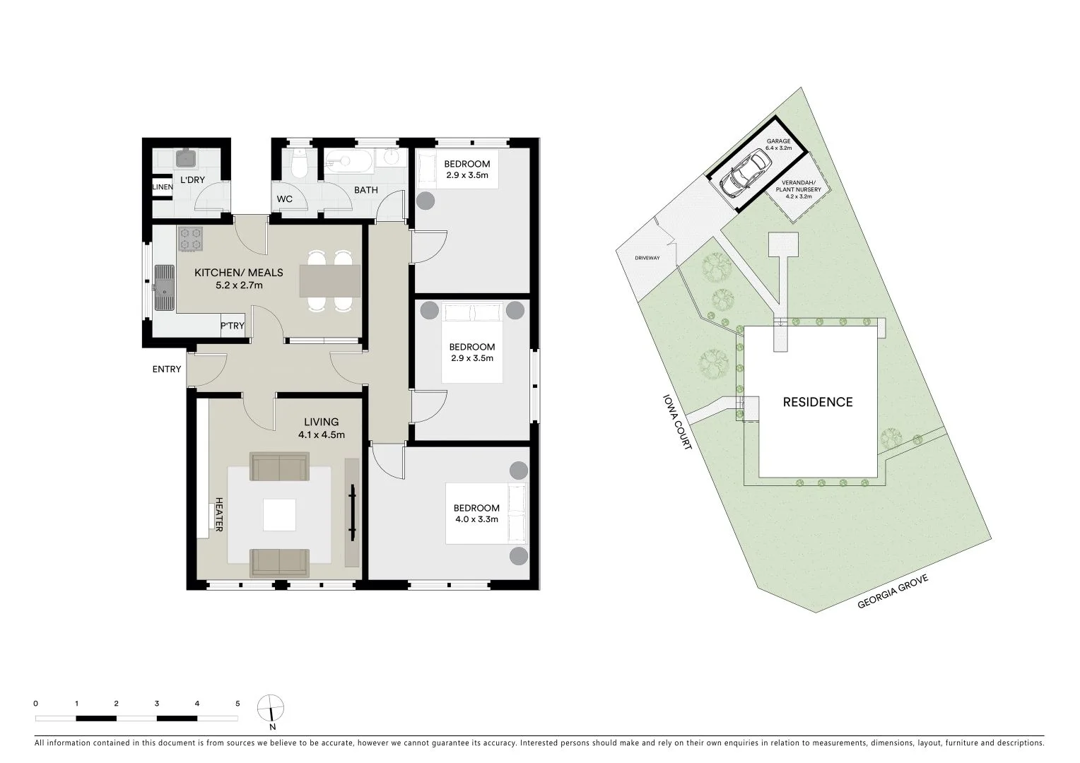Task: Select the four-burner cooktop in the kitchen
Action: point(191,238)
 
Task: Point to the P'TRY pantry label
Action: point(233,326)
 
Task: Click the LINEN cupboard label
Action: point(163,187)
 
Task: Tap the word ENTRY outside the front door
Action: point(167,369)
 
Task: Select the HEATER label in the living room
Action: point(219,514)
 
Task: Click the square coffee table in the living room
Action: point(279,515)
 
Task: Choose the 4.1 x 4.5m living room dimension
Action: point(322,435)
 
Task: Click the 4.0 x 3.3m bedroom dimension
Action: point(476,519)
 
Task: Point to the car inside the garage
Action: point(744,175)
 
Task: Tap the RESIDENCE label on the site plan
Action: point(818,402)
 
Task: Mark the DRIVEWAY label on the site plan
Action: point(647,258)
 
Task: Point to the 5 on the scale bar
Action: point(237,704)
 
